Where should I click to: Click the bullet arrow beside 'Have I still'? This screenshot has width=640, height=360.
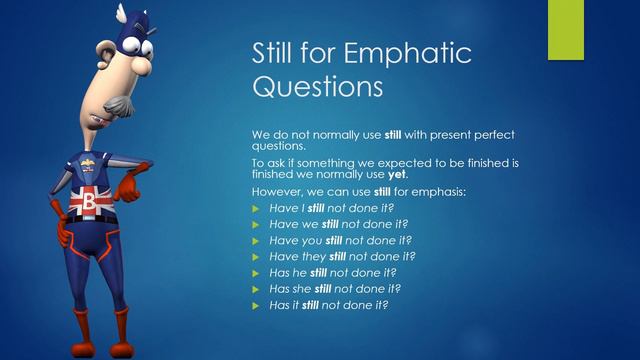click(257, 207)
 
